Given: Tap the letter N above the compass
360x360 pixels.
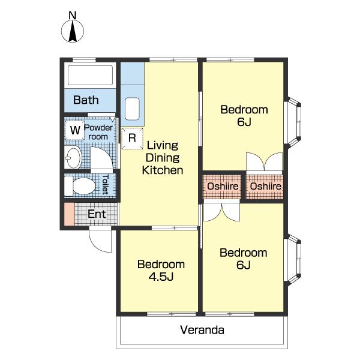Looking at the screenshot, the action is (x=73, y=16).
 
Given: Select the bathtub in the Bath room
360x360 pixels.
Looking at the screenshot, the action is (x=90, y=76).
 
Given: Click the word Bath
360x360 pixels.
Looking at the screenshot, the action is (x=86, y=100).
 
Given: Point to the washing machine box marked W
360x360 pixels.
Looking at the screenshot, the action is (x=75, y=130).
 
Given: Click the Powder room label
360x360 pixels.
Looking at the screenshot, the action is (x=98, y=132).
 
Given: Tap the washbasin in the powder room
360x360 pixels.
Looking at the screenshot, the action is (x=73, y=157).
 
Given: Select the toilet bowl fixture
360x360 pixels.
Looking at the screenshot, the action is (x=80, y=186).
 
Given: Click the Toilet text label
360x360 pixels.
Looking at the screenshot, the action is (x=106, y=184).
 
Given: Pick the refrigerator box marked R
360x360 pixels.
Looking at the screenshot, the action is (x=132, y=138).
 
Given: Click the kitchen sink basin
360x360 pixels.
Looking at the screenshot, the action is (x=132, y=109).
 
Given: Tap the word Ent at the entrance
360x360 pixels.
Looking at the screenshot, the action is (x=97, y=214).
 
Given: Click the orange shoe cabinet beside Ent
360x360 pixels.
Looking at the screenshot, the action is (x=69, y=214).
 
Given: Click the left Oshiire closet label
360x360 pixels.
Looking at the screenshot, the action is (x=223, y=186).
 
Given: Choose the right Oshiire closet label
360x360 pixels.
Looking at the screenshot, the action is (x=266, y=186).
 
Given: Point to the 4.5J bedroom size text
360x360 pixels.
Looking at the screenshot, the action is (x=161, y=277).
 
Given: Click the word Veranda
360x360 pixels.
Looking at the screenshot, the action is (x=202, y=330).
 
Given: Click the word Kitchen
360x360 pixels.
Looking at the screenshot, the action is (x=163, y=170).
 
